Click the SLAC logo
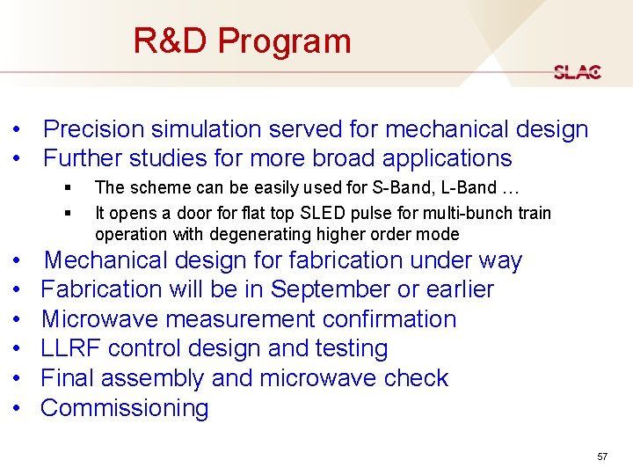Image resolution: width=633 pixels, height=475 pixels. pyautogui.click(x=578, y=72)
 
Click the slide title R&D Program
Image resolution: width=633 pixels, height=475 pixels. pyautogui.click(x=242, y=41)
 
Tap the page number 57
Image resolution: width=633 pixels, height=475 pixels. pyautogui.click(x=602, y=457)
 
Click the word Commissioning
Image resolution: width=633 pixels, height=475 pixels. pyautogui.click(x=125, y=408)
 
